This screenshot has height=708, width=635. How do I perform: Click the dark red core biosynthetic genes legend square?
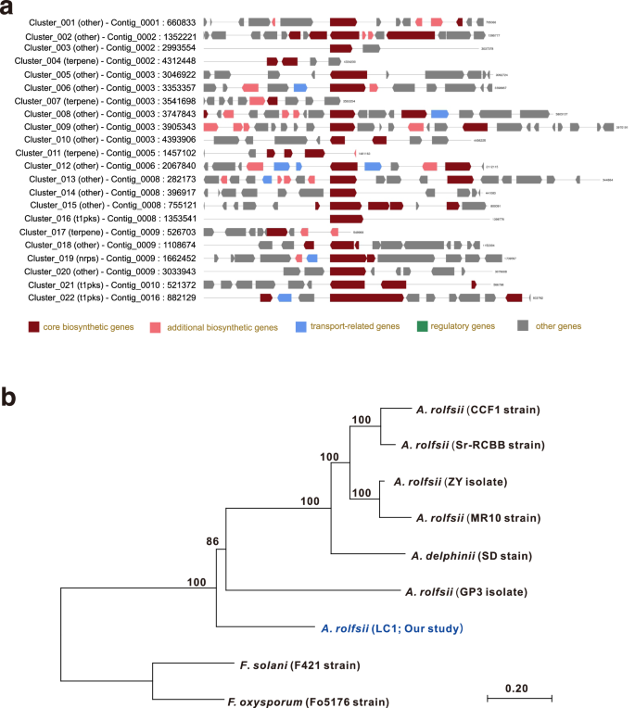[34, 326]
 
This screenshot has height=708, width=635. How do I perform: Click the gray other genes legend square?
[524, 326]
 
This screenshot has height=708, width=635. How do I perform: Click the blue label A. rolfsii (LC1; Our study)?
[391, 629]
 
